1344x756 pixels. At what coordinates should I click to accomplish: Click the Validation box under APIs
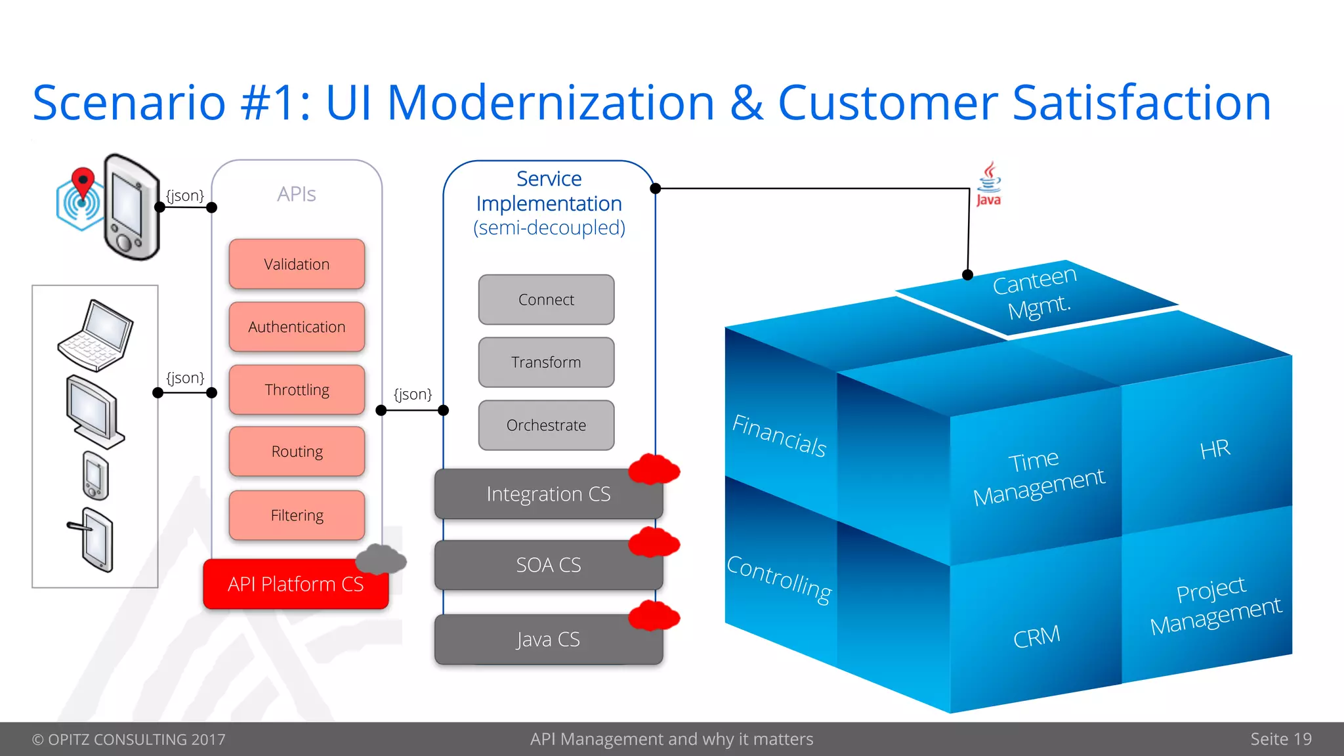pos(297,264)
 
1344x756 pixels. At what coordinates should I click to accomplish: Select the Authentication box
pos(297,327)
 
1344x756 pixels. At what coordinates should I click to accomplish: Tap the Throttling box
pos(297,390)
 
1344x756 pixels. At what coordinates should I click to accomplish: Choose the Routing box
pos(297,451)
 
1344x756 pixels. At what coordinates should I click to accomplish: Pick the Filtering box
pos(297,515)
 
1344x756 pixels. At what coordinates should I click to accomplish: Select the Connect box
pos(546,300)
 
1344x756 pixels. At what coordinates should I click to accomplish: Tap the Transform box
pos(546,362)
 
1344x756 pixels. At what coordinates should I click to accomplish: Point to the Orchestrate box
pos(546,425)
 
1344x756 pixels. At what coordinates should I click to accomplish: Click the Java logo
pos(988,185)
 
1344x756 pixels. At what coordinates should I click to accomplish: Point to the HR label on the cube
pos(1215,450)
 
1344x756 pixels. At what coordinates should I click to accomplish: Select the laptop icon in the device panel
pos(96,335)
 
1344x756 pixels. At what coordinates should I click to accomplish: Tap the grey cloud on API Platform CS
pos(381,559)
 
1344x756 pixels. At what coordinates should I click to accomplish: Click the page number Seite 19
pos(1280,739)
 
